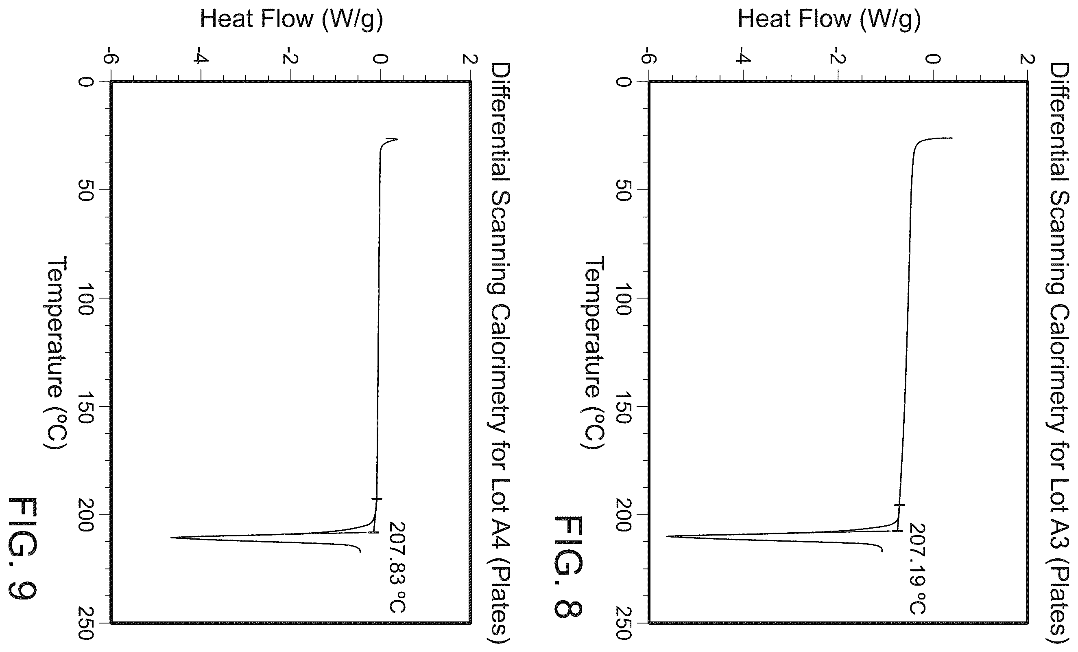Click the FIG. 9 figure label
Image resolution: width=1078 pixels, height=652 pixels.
(23, 548)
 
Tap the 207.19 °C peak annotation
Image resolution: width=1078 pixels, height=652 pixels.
(917, 569)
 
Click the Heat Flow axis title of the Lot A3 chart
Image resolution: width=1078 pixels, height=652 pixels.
(829, 20)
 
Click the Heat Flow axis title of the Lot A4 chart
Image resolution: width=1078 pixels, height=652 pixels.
(291, 20)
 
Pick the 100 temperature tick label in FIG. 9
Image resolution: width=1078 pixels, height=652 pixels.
(85, 299)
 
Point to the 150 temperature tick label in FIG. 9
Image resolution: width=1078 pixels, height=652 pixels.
(85, 407)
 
